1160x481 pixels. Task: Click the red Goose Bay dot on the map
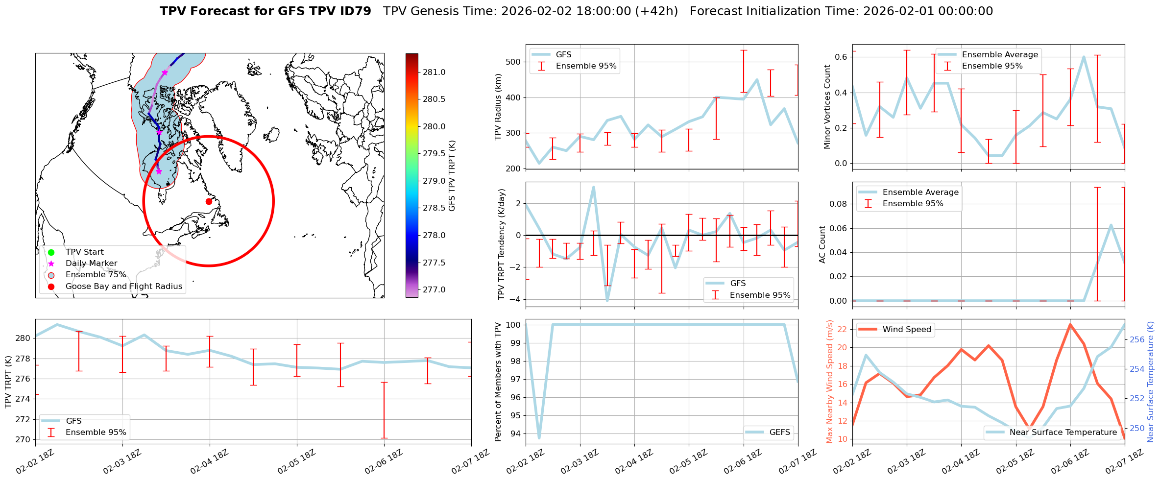(x=209, y=201)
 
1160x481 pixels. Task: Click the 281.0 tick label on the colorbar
(x=434, y=72)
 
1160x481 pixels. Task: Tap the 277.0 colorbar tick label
(x=434, y=289)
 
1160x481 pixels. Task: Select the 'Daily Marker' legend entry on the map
(x=91, y=263)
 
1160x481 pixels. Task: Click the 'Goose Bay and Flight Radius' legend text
(x=123, y=286)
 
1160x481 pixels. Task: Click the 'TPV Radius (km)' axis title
(x=499, y=107)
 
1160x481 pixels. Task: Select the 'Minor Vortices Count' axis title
(x=827, y=107)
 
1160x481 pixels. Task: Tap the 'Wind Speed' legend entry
(x=906, y=329)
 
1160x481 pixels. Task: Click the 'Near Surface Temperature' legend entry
(x=1063, y=432)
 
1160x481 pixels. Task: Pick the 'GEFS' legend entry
(x=779, y=432)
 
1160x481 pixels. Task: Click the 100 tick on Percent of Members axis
(x=512, y=325)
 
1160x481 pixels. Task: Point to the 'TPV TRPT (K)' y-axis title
(x=8, y=382)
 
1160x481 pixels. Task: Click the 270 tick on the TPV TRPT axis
(x=22, y=439)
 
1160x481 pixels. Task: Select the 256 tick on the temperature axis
(x=1137, y=339)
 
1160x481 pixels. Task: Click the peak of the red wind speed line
(x=1070, y=324)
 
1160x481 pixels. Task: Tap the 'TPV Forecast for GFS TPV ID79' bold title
(x=265, y=11)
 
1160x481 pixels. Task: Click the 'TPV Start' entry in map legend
(x=84, y=252)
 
